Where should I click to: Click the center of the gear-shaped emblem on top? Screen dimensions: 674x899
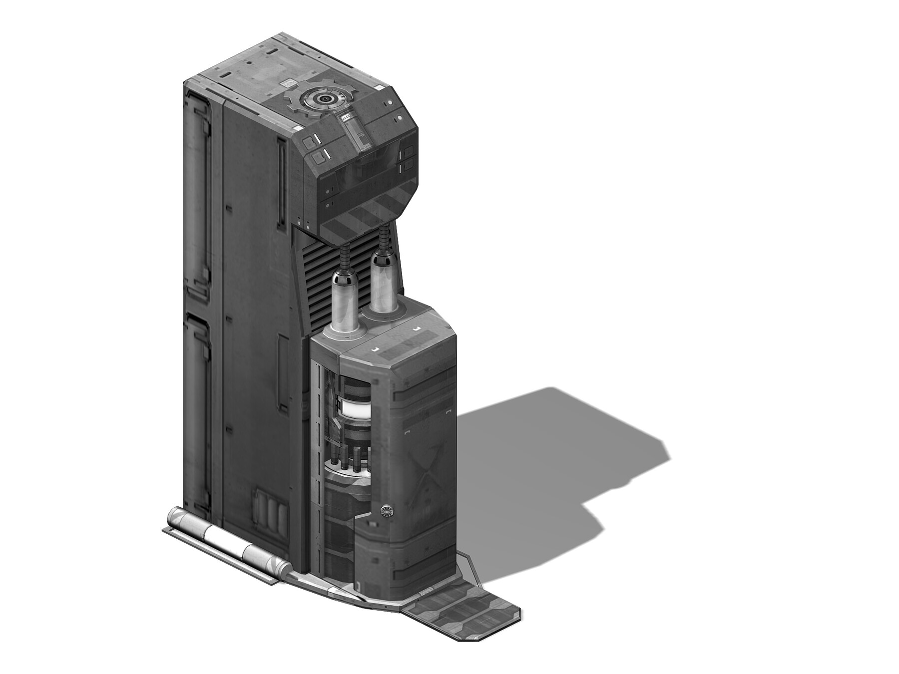pyautogui.click(x=324, y=99)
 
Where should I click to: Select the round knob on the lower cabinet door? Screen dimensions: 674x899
pyautogui.click(x=387, y=511)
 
